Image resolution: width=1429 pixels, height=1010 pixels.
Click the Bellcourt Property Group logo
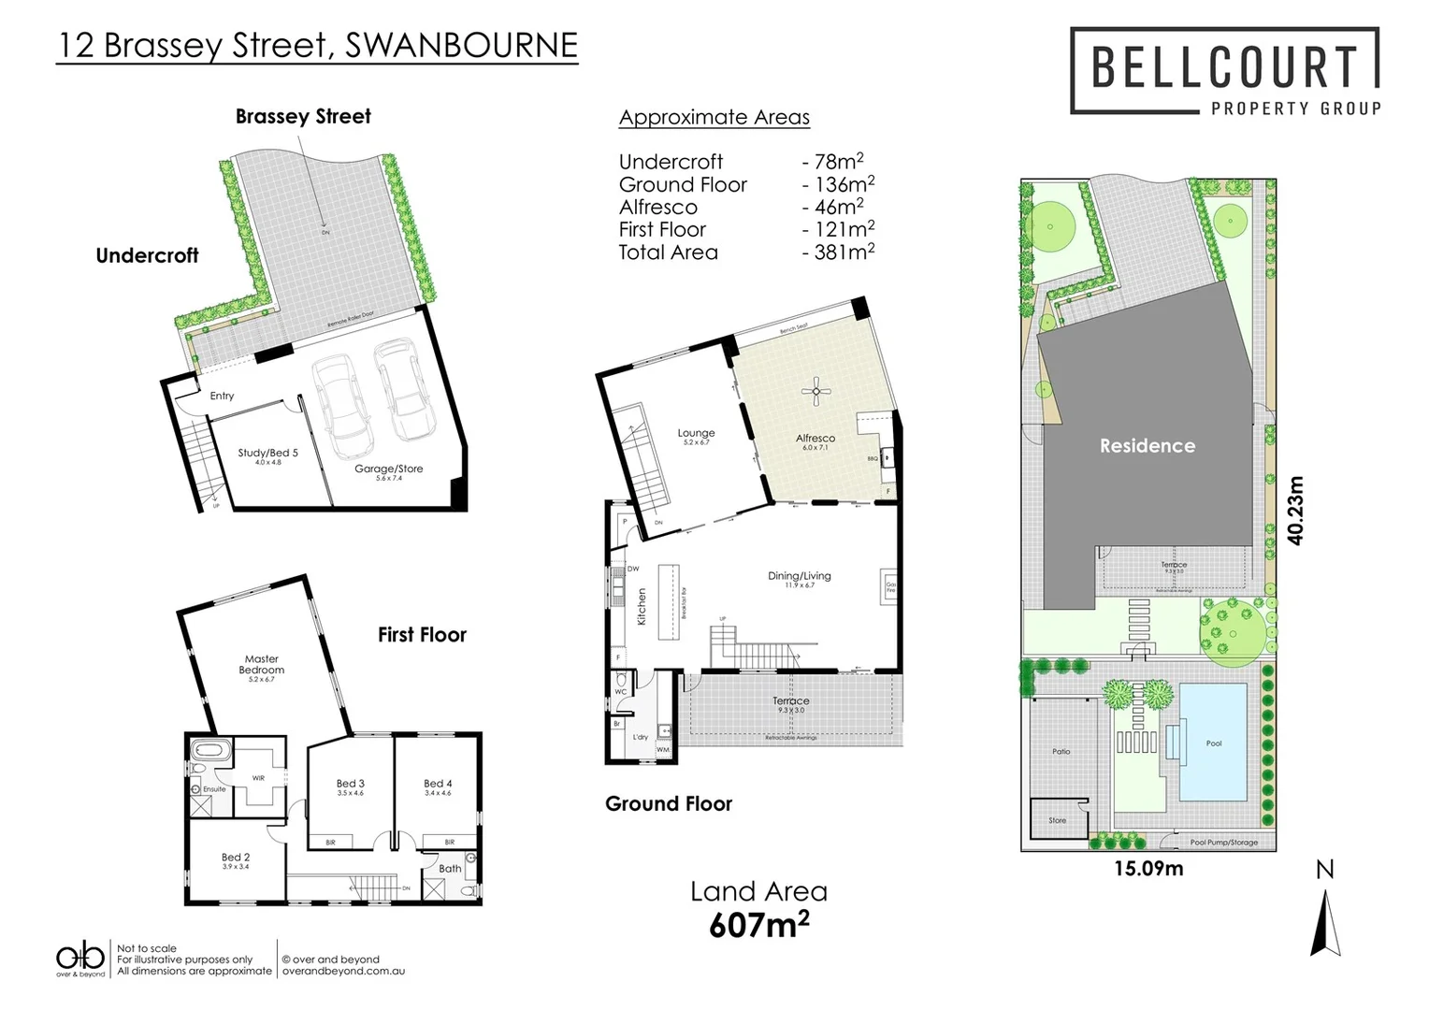(x=1224, y=72)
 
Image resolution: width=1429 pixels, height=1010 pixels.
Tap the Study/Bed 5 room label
(x=267, y=454)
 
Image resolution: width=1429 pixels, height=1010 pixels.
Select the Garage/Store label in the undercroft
(x=389, y=469)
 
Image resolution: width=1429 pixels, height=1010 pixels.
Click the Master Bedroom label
(x=262, y=664)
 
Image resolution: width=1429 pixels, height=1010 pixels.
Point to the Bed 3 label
(x=351, y=784)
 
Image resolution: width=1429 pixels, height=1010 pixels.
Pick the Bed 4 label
(x=438, y=784)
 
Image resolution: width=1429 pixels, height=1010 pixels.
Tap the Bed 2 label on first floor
(x=236, y=858)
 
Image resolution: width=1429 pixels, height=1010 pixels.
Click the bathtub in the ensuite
(x=205, y=751)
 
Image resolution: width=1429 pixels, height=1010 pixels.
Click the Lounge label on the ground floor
(x=696, y=433)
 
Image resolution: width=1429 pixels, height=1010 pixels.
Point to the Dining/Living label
(x=799, y=576)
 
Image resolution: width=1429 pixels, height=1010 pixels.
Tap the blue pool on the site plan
(x=1213, y=743)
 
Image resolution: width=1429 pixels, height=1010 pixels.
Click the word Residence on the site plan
(x=1147, y=446)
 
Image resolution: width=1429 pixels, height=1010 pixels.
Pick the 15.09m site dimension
(x=1148, y=869)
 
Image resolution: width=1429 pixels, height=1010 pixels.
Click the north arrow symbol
(x=1325, y=921)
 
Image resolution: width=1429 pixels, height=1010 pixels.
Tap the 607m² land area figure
(x=758, y=925)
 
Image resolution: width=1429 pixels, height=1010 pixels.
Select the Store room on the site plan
(x=1057, y=820)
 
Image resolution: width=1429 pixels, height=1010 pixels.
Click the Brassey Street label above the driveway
(x=303, y=117)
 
